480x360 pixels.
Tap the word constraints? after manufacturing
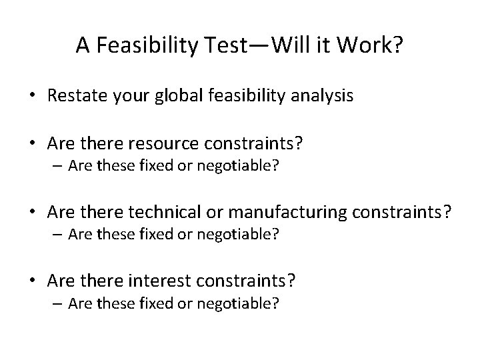pyautogui.click(x=406, y=212)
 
